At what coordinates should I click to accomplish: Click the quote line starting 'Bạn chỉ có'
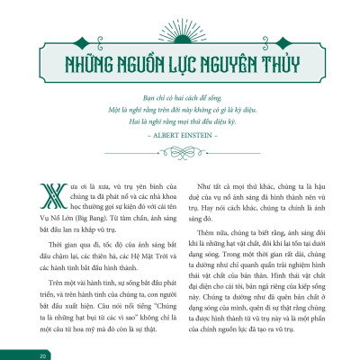click(x=180, y=94)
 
